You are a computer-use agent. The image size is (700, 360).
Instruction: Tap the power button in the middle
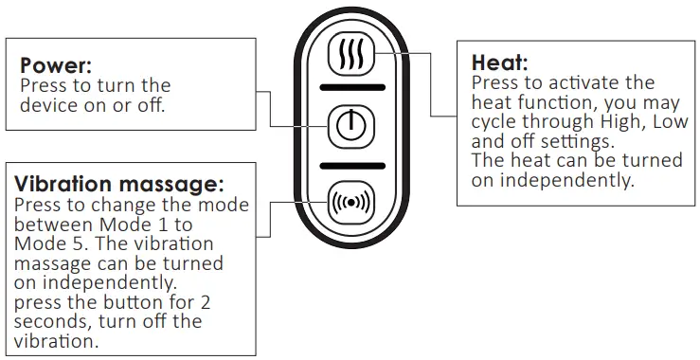point(350,126)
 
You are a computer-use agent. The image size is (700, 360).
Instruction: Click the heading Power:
point(56,66)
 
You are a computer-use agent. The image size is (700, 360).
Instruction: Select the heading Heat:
point(500,63)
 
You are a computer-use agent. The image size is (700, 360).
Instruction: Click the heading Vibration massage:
point(118,184)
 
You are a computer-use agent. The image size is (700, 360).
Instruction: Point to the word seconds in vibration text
point(52,321)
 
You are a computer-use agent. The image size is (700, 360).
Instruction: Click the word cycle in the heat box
point(495,122)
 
